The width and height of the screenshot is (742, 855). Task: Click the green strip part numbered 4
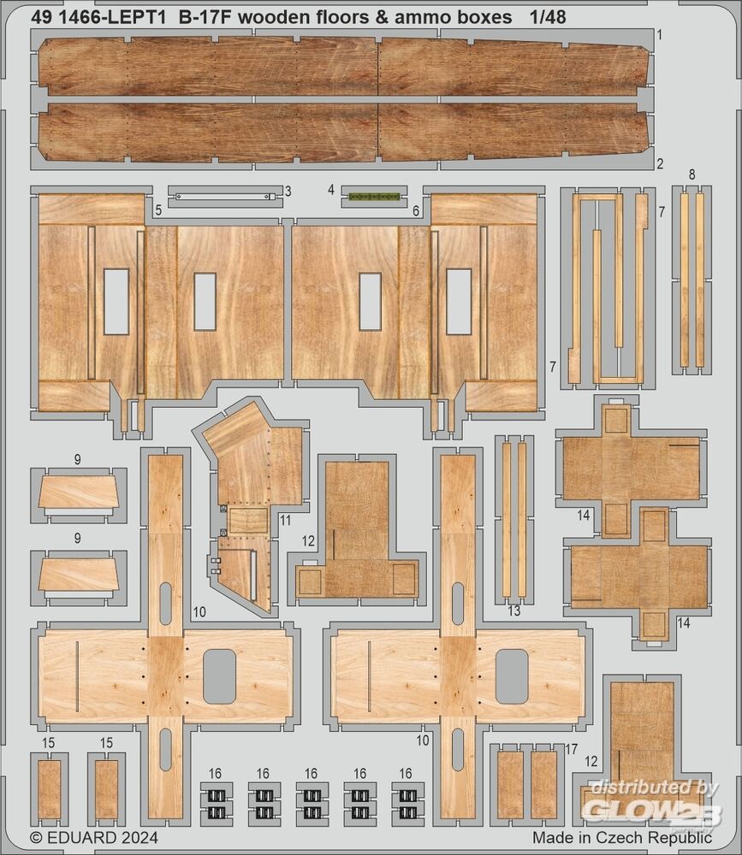coord(375,196)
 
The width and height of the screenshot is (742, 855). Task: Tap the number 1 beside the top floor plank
coord(660,35)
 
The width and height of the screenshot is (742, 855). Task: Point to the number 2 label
coord(660,163)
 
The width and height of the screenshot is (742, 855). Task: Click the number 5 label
coord(158,210)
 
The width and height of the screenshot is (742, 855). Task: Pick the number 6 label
coord(416,211)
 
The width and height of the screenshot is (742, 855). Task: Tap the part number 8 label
coord(692,174)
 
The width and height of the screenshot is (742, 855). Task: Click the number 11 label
coord(286,520)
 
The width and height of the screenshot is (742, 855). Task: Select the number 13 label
coord(514,611)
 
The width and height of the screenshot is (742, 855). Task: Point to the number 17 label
coord(571,749)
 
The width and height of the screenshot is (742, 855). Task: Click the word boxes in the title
coord(481,17)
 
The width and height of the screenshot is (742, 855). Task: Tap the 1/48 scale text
coord(548,17)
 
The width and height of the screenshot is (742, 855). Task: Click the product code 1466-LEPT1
coord(111,17)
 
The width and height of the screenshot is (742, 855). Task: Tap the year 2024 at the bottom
coord(139,838)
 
